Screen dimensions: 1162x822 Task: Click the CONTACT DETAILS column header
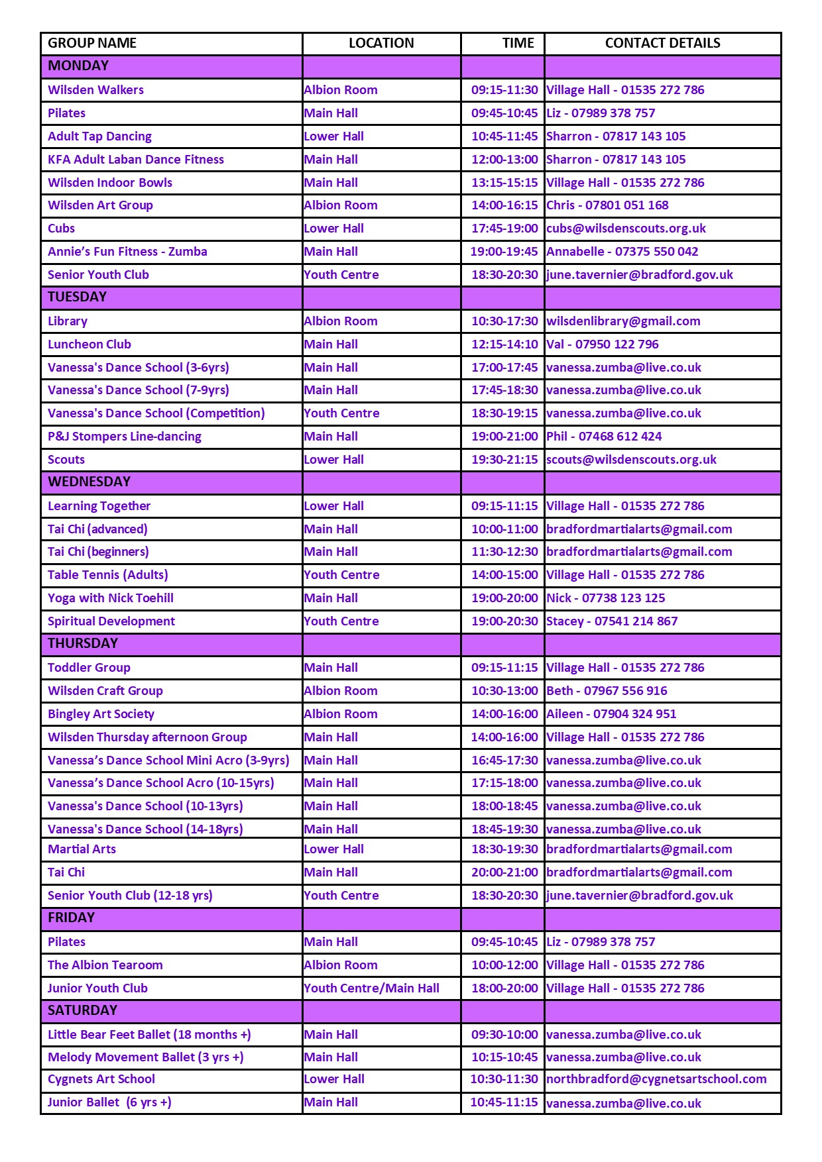(662, 43)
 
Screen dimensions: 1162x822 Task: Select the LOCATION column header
(381, 43)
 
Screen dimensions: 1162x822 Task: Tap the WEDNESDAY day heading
(89, 482)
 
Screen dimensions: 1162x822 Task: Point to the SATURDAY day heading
(82, 1010)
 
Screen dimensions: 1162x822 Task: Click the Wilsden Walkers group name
(95, 90)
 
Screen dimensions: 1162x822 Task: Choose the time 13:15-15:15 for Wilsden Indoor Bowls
(504, 183)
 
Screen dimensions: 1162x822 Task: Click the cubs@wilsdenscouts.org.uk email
(626, 229)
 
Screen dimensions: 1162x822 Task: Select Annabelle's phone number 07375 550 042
(656, 252)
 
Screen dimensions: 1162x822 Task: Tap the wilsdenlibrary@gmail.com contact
(623, 321)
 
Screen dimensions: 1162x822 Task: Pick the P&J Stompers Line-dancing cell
(125, 437)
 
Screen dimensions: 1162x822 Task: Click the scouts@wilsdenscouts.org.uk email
(631, 460)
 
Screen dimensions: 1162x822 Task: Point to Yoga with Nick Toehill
(111, 598)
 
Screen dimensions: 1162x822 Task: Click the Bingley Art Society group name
(101, 714)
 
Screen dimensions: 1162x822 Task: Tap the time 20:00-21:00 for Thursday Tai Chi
(504, 872)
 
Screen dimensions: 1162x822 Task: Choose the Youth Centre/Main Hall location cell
(371, 988)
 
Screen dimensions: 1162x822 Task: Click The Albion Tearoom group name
(105, 965)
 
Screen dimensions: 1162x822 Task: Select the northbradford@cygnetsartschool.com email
(656, 1079)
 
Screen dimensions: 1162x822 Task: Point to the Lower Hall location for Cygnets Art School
(334, 1079)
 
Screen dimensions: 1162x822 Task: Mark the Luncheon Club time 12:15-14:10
(504, 344)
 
